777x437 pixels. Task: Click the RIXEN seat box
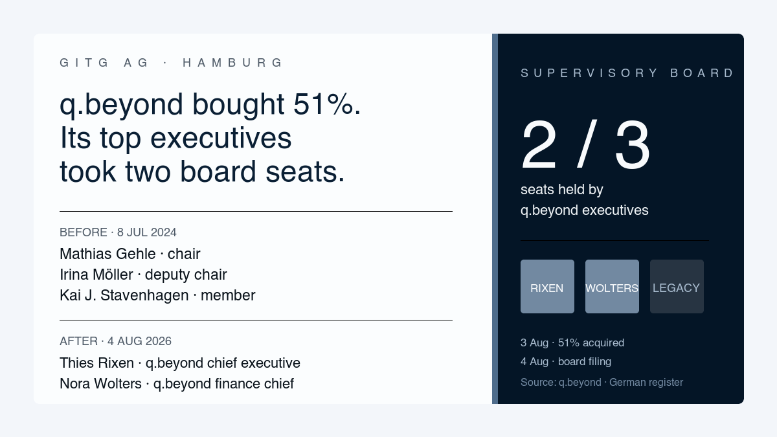(547, 286)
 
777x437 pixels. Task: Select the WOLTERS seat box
(613, 286)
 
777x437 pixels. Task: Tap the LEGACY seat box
(677, 286)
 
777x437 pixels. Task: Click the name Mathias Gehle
(107, 254)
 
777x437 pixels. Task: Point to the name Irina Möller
(96, 275)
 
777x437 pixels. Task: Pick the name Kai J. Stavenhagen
(124, 295)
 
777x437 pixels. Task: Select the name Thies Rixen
(96, 363)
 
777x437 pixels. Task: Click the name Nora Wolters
(100, 384)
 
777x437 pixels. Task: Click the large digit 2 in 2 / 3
(539, 144)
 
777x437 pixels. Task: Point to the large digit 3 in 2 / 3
(633, 144)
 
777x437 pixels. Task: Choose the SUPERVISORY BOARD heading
(627, 73)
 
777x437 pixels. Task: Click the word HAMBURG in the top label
(232, 63)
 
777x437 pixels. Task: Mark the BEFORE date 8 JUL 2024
(147, 232)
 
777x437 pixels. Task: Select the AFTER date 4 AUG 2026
(139, 341)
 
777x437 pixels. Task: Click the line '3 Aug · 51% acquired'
(572, 342)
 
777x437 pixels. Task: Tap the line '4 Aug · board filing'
(566, 362)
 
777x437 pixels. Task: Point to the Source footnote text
(602, 382)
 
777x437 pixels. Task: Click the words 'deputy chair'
(186, 275)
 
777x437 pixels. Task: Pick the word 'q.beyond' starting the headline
(121, 105)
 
